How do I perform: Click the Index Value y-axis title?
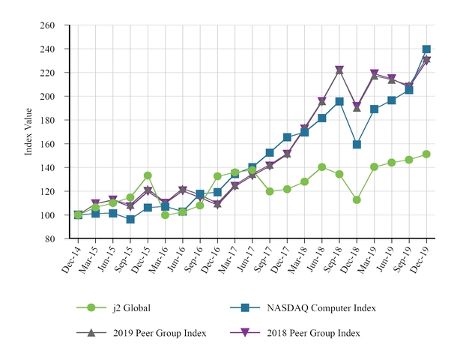[x=28, y=132]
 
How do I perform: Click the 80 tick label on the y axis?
[x=49, y=239]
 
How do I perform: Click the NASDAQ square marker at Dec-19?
[x=426, y=49]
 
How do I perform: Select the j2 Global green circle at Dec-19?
[x=426, y=154]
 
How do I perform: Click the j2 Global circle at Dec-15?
[x=148, y=176]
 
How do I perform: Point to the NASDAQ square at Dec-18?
[x=357, y=145]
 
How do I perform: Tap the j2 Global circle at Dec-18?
[x=357, y=200]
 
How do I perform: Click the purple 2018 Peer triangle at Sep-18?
[x=339, y=70]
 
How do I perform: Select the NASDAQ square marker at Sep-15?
[x=130, y=220]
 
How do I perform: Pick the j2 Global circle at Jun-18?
[x=322, y=167]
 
